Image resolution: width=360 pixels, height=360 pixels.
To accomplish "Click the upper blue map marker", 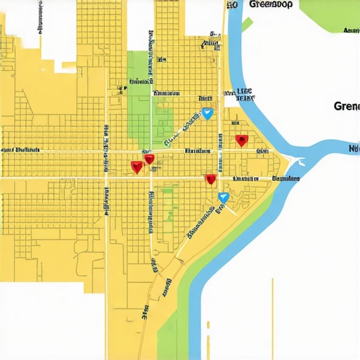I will click(207, 113).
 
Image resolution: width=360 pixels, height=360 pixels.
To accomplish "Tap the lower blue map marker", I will click(223, 198).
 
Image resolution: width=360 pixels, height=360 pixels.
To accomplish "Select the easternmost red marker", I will click(241, 141).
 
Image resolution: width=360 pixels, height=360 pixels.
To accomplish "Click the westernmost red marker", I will click(136, 167).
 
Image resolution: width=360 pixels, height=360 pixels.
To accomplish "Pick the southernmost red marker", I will click(210, 180).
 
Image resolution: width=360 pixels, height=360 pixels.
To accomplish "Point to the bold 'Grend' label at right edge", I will click(347, 107).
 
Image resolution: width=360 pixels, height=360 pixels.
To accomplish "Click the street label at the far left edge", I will click(20, 150).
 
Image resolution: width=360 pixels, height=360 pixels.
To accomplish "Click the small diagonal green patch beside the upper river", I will click(247, 25).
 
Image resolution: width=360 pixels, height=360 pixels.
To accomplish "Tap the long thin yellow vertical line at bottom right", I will click(273, 316).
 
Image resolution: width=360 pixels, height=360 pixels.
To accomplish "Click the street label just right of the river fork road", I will click(285, 179).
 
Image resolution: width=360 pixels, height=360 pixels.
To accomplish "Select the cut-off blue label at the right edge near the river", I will click(354, 148).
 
